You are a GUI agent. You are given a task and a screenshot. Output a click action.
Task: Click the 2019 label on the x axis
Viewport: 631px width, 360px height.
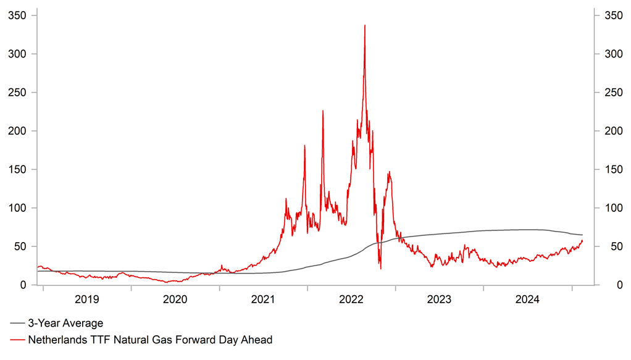coord(87,300)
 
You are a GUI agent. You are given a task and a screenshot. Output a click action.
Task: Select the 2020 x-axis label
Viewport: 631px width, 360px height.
coord(175,300)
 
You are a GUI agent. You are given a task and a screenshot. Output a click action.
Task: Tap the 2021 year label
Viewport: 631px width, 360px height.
coord(264,300)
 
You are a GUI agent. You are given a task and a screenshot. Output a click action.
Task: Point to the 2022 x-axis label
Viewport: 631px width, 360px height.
coord(352,300)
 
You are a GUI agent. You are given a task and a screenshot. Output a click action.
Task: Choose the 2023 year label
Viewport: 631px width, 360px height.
coord(440,300)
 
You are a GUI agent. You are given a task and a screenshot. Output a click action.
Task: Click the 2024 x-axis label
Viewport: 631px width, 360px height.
coord(528,300)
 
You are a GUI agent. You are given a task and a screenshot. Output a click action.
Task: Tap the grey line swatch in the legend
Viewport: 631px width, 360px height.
coord(17,324)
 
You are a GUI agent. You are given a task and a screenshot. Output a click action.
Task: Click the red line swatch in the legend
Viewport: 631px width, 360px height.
coord(17,340)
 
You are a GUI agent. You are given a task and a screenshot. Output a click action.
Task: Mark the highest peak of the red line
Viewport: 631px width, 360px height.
coord(365,25)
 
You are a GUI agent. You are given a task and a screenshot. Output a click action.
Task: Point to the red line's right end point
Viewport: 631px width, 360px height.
coord(582,240)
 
